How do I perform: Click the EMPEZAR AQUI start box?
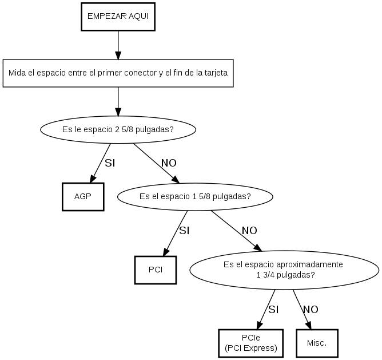(118, 16)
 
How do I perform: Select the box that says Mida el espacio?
(118, 73)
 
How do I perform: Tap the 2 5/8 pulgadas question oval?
(118, 129)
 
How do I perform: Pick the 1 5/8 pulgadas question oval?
(194, 196)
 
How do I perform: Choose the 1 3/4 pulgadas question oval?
(283, 270)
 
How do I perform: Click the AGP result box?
(83, 196)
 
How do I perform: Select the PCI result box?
(155, 270)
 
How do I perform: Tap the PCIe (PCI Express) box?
(251, 343)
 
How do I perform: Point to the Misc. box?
(317, 343)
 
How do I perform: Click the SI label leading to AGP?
(110, 163)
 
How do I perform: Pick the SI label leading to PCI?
(184, 231)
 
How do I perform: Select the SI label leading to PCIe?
(273, 310)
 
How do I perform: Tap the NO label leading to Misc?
(311, 310)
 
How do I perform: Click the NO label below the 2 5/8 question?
(169, 163)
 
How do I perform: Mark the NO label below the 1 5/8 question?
(249, 231)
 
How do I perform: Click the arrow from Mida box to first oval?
(118, 102)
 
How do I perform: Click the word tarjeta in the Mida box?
(214, 73)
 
